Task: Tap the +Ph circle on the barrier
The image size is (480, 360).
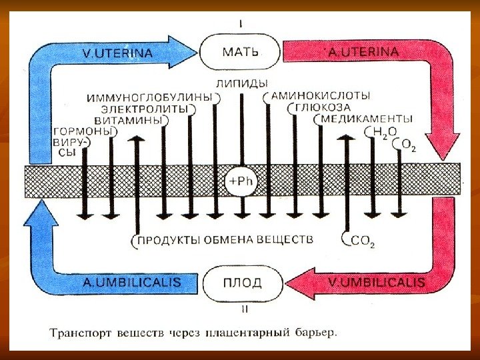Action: [241, 180]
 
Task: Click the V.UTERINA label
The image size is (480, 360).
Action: [117, 51]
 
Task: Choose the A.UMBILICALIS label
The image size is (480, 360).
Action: [132, 283]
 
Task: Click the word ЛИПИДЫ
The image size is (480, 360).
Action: [242, 84]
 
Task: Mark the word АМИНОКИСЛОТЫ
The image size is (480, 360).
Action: [319, 97]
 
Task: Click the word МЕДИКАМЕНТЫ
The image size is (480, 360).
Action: [367, 119]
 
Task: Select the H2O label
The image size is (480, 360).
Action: [381, 133]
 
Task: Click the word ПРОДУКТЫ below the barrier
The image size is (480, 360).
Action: [169, 239]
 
